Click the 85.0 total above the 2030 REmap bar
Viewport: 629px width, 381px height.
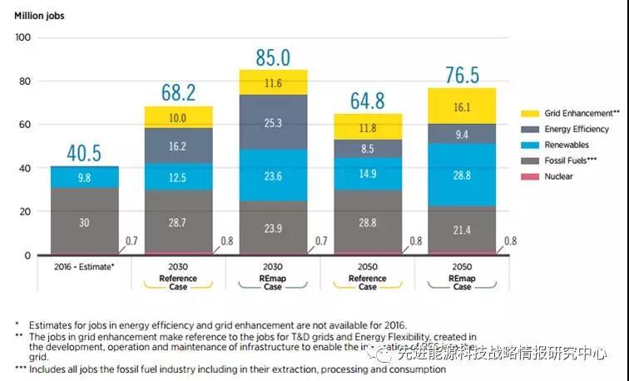point(273,58)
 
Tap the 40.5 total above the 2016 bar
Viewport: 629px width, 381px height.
point(84,154)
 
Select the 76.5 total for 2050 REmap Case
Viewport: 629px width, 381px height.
point(463,76)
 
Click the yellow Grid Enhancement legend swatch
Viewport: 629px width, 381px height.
point(531,113)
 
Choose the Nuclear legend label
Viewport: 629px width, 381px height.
point(558,176)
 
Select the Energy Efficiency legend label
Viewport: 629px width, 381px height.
point(576,129)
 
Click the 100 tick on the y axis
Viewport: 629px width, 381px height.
point(22,37)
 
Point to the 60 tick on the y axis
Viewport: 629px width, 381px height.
point(22,125)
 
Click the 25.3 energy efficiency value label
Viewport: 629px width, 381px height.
point(273,122)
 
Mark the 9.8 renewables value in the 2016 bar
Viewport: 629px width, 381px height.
point(84,177)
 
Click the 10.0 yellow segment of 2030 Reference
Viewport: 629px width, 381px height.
point(178,118)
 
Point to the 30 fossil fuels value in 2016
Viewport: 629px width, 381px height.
point(84,222)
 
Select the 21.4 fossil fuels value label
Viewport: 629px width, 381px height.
point(463,229)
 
